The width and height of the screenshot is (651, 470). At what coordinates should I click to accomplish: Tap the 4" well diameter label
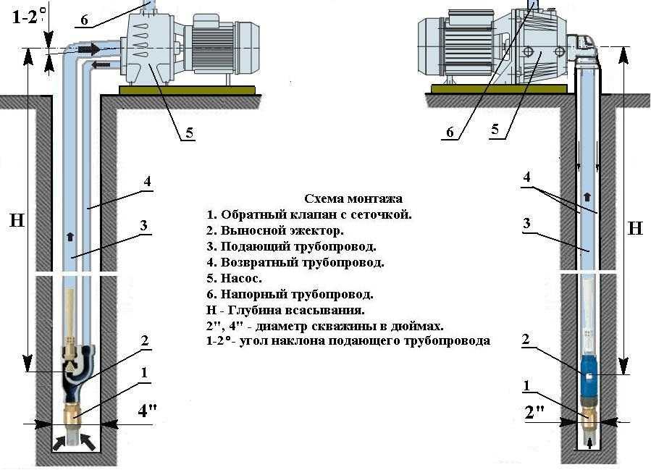pyautogui.click(x=147, y=411)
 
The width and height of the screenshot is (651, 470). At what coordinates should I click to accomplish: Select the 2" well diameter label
pyautogui.click(x=534, y=414)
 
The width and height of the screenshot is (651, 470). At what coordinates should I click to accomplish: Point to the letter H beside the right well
pyautogui.click(x=635, y=228)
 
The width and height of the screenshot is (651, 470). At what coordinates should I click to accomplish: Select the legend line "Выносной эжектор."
pyautogui.click(x=275, y=230)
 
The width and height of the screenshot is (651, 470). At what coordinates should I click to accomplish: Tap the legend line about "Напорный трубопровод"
pyautogui.click(x=290, y=294)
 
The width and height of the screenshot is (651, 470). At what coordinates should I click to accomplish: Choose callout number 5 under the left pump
pyautogui.click(x=189, y=133)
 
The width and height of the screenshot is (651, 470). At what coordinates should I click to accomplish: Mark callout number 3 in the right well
pyautogui.click(x=526, y=224)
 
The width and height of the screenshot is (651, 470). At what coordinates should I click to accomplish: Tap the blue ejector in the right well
pyautogui.click(x=589, y=374)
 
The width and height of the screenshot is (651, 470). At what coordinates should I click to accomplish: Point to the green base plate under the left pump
pyautogui.click(x=187, y=90)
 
